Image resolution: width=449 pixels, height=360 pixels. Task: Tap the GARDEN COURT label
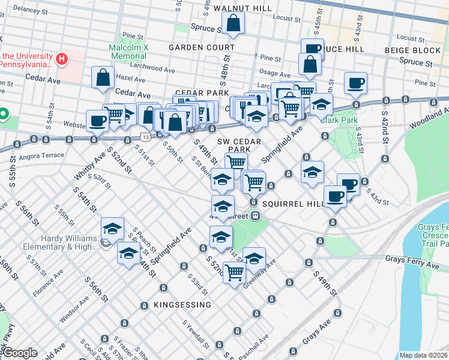[201, 47]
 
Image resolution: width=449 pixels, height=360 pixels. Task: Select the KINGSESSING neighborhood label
[182, 305]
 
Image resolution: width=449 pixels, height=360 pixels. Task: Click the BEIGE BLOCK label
[420, 50]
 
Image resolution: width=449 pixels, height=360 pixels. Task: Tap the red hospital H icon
[61, 59]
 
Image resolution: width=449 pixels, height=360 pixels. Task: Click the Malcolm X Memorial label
[128, 52]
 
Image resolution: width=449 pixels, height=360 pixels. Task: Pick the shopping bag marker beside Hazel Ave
[103, 77]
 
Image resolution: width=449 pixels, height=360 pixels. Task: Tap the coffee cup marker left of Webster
[97, 121]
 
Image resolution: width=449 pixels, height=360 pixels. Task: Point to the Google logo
[19, 353]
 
